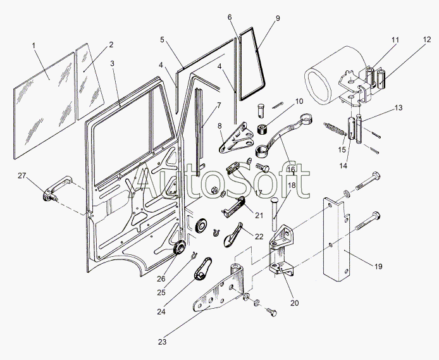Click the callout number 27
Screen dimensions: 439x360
point(22,176)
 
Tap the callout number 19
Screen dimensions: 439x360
point(378,266)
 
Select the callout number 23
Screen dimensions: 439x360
point(162,342)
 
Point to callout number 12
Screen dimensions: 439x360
point(427,40)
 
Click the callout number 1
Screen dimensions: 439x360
point(34,45)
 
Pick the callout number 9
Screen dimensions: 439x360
point(278,18)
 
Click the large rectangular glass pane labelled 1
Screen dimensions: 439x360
point(44,106)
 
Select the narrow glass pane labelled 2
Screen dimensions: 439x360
point(90,81)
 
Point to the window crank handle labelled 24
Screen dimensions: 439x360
point(202,269)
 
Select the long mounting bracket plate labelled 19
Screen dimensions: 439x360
point(337,239)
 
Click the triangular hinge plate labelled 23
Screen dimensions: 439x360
point(218,291)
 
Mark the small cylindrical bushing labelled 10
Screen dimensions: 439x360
point(263,129)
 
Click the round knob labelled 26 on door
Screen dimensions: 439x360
point(180,248)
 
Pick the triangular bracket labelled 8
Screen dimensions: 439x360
point(236,139)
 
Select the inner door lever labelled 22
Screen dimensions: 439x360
point(233,235)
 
